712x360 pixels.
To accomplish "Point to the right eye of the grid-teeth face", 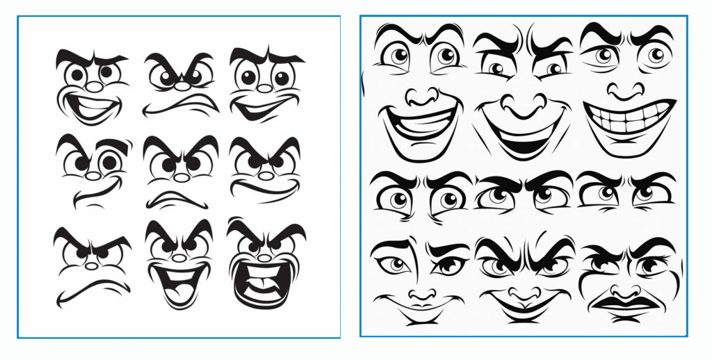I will (654, 56).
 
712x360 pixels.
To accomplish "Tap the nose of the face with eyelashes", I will (421, 295).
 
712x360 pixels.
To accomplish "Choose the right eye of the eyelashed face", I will (448, 265).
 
